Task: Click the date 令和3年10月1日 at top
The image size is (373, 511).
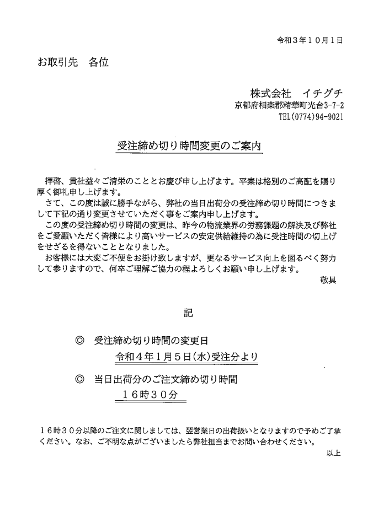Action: pos(310,40)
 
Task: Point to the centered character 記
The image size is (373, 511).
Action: pos(188,313)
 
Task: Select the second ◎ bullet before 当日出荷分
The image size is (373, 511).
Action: pos(79,380)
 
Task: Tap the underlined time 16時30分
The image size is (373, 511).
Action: pos(150,395)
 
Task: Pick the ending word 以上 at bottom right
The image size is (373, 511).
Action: pos(334,454)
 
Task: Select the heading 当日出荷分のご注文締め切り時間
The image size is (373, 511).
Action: pos(166,380)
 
